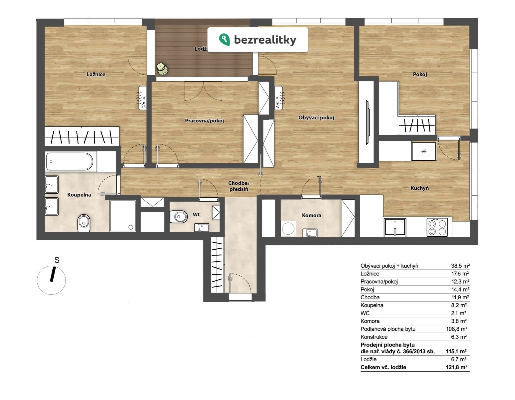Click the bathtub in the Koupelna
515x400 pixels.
69,161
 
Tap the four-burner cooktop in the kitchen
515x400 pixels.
437,227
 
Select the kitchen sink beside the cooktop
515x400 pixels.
395,227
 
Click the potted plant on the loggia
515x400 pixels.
162,69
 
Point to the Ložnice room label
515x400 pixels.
96,74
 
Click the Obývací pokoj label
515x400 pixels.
316,117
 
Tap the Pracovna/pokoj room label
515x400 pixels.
204,121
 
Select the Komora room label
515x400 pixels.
311,215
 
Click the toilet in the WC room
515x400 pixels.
179,216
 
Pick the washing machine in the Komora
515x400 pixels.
288,229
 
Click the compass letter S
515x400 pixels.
57,260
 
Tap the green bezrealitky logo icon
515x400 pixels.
224,40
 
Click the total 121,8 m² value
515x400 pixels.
457,367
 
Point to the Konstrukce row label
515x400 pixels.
374,337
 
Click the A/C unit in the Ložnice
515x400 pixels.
143,98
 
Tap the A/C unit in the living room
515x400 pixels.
279,97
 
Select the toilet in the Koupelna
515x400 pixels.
84,223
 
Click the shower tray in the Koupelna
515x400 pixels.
123,216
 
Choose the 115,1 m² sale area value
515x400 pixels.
456,351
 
